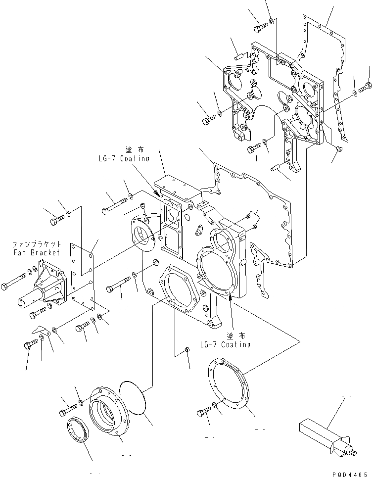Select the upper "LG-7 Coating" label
click(x=123, y=158)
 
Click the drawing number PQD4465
click(x=350, y=472)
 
